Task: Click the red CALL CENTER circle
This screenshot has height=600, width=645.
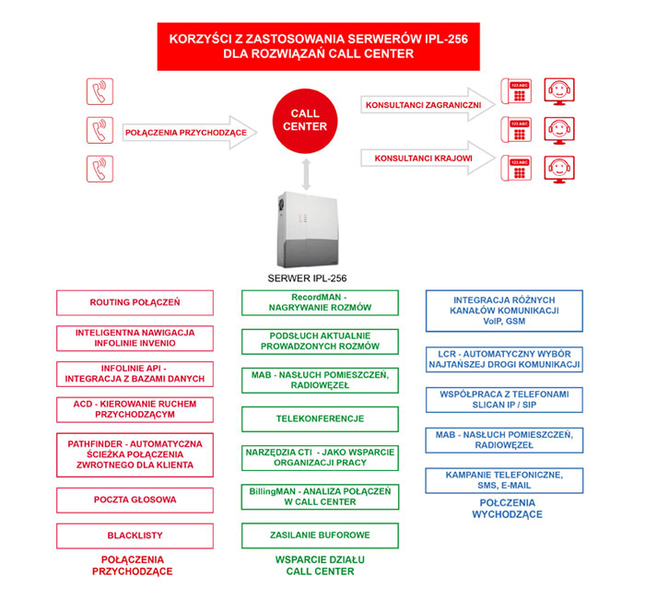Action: tap(305, 121)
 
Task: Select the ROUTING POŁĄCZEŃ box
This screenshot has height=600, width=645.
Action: tap(135, 302)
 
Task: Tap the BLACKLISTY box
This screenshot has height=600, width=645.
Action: tap(135, 535)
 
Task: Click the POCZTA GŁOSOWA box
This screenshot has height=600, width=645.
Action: tap(135, 500)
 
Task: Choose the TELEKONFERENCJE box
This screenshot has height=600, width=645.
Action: tap(320, 419)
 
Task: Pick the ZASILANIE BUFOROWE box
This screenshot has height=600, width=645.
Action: tap(320, 535)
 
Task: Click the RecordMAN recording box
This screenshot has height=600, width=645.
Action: tap(320, 302)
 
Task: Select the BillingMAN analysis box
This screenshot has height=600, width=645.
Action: tap(320, 497)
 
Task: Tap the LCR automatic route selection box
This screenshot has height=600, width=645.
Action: tap(504, 359)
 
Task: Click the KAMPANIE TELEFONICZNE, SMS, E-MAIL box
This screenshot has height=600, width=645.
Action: tap(504, 480)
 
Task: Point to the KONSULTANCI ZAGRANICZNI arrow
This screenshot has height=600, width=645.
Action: tap(428, 104)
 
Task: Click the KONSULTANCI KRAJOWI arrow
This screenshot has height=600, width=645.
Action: tap(428, 158)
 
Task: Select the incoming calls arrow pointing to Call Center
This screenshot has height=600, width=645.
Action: tap(190, 132)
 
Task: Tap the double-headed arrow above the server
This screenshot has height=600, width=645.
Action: tap(306, 174)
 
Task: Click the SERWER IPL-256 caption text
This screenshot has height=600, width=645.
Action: tap(307, 278)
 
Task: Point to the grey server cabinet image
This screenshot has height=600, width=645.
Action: tap(308, 229)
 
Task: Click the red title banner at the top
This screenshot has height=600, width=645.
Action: tap(319, 46)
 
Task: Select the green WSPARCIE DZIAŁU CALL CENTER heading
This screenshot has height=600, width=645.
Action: tap(320, 565)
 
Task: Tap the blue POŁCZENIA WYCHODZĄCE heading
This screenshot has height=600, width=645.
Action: tap(507, 508)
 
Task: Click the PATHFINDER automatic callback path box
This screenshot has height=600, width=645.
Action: tap(135, 454)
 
